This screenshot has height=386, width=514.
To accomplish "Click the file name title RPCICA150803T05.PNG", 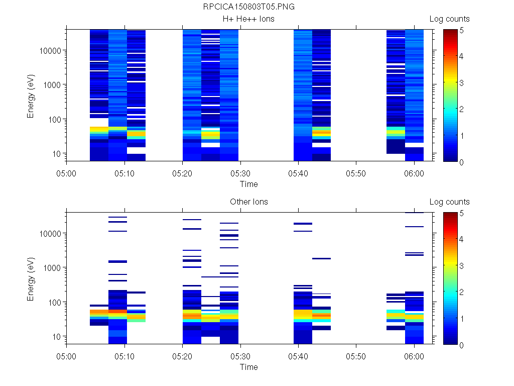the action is click(248, 7).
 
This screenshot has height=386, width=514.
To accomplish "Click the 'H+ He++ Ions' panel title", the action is click(248, 19).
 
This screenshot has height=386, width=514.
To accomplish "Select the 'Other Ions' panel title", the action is click(249, 202).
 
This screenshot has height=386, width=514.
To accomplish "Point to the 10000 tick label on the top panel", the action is click(50, 51).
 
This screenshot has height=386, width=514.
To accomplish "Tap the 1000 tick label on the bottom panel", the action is click(52, 268).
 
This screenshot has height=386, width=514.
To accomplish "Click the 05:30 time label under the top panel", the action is click(240, 173).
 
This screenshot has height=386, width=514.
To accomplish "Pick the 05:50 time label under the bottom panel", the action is click(356, 356).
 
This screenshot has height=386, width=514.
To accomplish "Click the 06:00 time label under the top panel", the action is click(414, 173).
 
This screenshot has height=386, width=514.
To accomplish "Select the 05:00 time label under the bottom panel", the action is click(66, 356).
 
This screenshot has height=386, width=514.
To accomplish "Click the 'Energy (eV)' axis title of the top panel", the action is click(31, 96).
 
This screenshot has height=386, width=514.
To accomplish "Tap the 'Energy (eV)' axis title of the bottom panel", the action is click(31, 279).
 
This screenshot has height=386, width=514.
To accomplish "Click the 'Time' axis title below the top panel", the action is click(249, 184).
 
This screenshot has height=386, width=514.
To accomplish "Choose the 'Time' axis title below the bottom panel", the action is click(249, 367).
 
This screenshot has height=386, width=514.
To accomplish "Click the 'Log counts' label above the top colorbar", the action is click(449, 19).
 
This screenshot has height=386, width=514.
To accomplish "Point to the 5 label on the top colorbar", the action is click(462, 31).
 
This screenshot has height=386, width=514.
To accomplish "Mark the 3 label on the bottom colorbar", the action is click(462, 265).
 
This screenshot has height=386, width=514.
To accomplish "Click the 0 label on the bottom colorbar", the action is click(462, 345).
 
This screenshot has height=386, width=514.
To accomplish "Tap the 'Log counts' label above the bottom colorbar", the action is click(449, 202).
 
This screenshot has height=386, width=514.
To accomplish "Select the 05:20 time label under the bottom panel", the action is click(182, 356).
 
